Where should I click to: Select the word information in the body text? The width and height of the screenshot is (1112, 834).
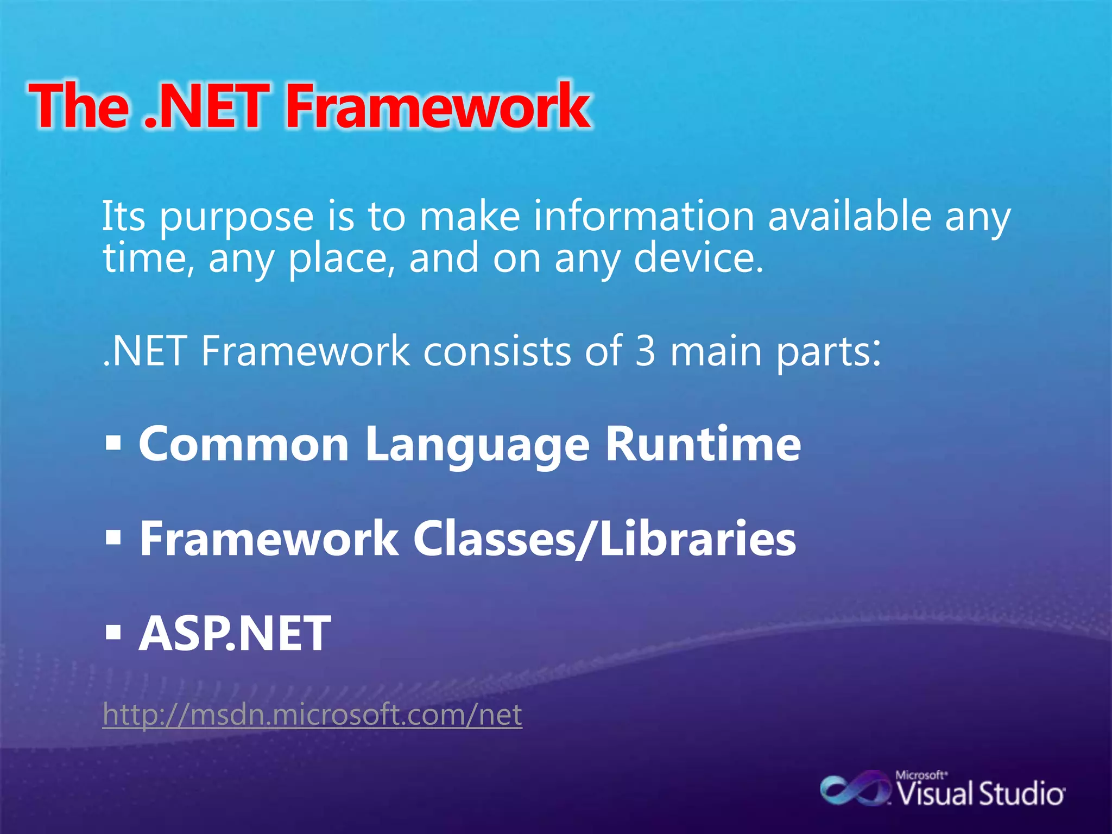coord(643,216)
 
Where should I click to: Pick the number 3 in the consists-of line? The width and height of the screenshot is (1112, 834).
coord(646,351)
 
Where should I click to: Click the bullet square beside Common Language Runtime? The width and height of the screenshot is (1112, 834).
coord(113,444)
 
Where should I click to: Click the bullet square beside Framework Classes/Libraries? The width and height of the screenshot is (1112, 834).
coord(113,538)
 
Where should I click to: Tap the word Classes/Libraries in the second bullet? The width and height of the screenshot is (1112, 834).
coord(604,539)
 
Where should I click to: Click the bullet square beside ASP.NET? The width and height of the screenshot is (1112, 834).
coord(113,633)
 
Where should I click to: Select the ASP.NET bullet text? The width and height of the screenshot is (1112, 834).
coord(235,633)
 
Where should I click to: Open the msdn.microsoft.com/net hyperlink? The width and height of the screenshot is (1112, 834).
coord(312,715)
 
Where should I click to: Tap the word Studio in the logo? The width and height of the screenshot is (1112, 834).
coord(1021,794)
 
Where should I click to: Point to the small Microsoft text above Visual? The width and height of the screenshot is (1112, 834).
coord(920,775)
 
